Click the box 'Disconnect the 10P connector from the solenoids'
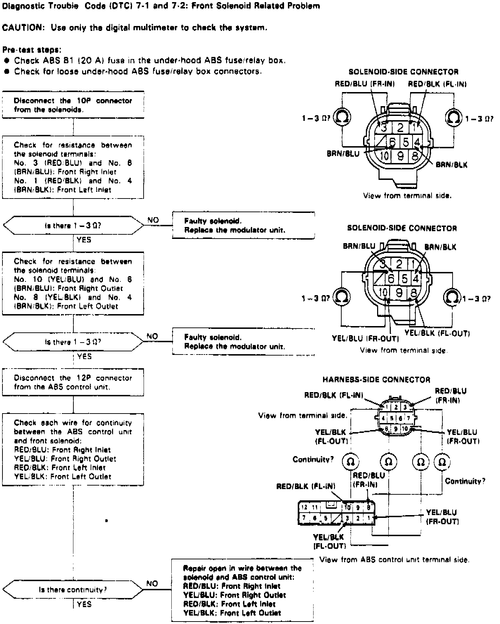click(73, 105)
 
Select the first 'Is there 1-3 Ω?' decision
click(73, 225)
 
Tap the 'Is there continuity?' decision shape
click(73, 590)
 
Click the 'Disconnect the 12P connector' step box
click(73, 382)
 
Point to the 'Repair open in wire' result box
click(242, 590)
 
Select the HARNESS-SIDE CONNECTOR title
click(376, 379)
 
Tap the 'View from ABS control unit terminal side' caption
click(394, 560)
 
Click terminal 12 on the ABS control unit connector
click(304, 507)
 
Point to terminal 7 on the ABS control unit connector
click(304, 518)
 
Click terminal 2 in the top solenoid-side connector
click(400, 127)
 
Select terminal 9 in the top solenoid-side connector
click(400, 155)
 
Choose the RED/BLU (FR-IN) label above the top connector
click(364, 84)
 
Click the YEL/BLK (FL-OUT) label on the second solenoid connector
click(437, 333)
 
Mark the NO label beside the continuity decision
click(152, 584)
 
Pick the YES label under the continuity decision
click(84, 604)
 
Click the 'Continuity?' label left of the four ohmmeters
click(313, 459)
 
